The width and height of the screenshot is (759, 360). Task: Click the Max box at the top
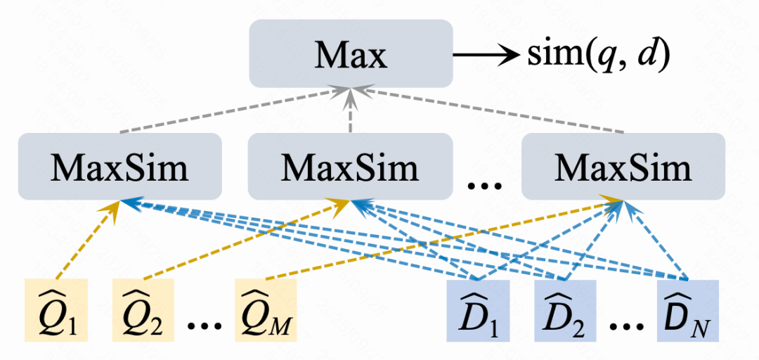click(x=350, y=53)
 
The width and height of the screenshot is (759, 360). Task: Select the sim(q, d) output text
click(x=597, y=53)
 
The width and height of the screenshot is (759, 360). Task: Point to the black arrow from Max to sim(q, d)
click(x=485, y=54)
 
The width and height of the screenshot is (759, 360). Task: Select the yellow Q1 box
click(x=56, y=310)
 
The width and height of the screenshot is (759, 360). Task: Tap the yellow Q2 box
click(x=144, y=310)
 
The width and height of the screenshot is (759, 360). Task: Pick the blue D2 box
click(x=566, y=310)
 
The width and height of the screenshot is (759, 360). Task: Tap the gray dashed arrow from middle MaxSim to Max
click(x=350, y=112)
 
